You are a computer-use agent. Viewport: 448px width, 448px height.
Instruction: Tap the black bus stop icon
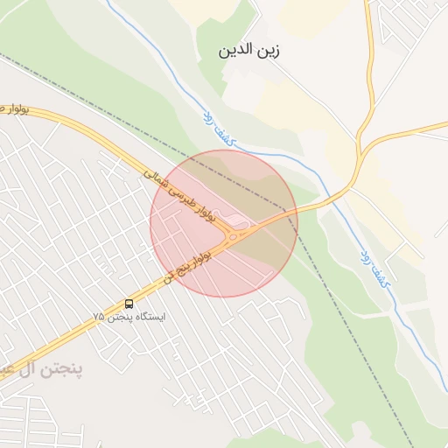pyautogui.click(x=129, y=304)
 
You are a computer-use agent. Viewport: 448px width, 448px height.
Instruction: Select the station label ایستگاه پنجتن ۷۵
pyautogui.click(x=129, y=316)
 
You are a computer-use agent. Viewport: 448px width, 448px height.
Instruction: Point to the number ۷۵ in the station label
pyautogui.click(x=99, y=316)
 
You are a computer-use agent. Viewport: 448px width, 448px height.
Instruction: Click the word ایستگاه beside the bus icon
pyautogui.click(x=149, y=316)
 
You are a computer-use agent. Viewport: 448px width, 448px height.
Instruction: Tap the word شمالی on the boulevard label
pyautogui.click(x=158, y=178)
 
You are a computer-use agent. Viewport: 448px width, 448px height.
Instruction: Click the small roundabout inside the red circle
pyautogui.click(x=236, y=233)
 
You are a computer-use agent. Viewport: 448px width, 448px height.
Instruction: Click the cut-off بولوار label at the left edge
pyautogui.click(x=14, y=108)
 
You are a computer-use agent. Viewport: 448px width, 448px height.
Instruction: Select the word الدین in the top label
pyautogui.click(x=236, y=50)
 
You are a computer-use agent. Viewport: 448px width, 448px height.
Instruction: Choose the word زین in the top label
pyautogui.click(x=270, y=50)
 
